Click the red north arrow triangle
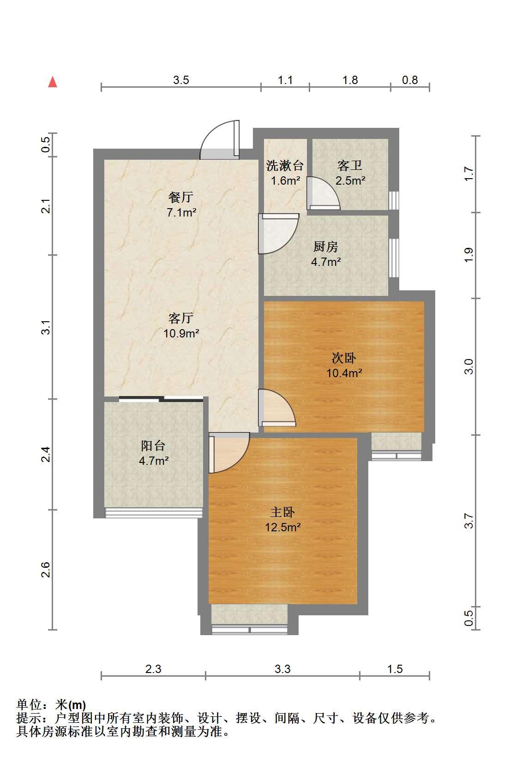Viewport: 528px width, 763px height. tap(53, 82)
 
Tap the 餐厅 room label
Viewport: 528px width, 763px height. tap(180, 197)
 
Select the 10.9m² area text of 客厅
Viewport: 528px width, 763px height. tap(181, 333)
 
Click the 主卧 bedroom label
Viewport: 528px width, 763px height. tap(282, 512)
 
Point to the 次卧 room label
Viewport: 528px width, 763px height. tap(344, 358)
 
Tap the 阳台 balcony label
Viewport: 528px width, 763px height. tap(153, 445)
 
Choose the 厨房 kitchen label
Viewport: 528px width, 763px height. tap(326, 246)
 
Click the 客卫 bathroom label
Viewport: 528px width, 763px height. tap(349, 166)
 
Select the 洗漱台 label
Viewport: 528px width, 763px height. tap(285, 166)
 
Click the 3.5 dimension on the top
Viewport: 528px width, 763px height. tap(181, 80)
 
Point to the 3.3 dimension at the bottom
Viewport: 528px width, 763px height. tap(282, 669)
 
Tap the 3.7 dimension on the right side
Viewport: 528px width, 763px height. tap(469, 521)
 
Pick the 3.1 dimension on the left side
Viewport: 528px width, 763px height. tap(46, 327)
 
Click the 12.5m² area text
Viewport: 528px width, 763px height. tap(283, 527)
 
